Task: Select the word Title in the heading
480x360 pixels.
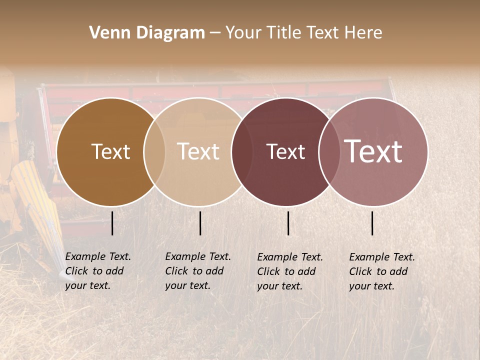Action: coord(284,33)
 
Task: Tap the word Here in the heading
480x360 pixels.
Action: coord(363,33)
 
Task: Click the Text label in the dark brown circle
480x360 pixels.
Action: coord(110,151)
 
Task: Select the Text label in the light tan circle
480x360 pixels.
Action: coord(198,151)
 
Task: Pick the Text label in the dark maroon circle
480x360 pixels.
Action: coord(285,151)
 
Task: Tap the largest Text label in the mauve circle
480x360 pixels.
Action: coord(373,151)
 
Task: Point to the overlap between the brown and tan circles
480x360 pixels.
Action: coord(154,152)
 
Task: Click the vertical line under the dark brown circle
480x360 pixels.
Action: coord(112,223)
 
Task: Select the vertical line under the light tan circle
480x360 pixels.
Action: coord(200,223)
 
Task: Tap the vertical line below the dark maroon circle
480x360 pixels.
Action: coord(288,223)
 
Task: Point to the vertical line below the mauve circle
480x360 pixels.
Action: coord(372,223)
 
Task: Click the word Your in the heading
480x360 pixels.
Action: coord(244,33)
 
